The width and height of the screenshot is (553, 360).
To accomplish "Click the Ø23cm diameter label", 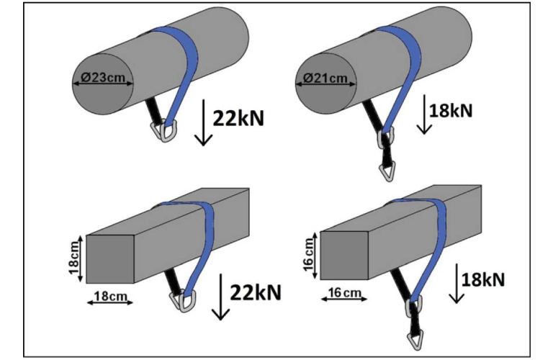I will point(102,78).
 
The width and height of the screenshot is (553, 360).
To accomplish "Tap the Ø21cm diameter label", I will point(326,78).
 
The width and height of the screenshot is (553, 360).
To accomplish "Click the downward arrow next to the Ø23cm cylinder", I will point(204,122).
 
